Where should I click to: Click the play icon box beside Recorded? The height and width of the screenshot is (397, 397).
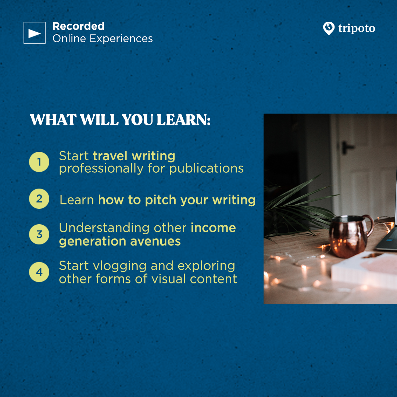35,33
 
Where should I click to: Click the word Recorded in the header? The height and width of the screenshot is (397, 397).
79,26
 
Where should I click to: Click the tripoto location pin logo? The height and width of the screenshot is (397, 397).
329,28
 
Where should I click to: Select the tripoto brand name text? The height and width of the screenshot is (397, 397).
357,28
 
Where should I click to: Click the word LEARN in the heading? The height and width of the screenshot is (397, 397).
183,119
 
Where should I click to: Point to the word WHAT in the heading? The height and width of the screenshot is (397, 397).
53,119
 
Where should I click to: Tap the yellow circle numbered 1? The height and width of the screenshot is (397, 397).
39,162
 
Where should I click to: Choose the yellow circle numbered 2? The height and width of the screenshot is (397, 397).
39,199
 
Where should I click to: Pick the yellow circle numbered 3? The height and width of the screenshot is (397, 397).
39,235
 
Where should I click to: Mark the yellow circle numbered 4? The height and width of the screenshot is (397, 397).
39,272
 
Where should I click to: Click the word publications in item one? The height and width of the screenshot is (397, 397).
206,169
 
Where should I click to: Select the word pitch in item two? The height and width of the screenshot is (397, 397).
161,200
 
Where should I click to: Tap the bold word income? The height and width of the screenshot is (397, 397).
213,228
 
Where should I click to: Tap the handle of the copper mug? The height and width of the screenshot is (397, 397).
368,225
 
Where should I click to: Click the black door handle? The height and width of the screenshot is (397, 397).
347,148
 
